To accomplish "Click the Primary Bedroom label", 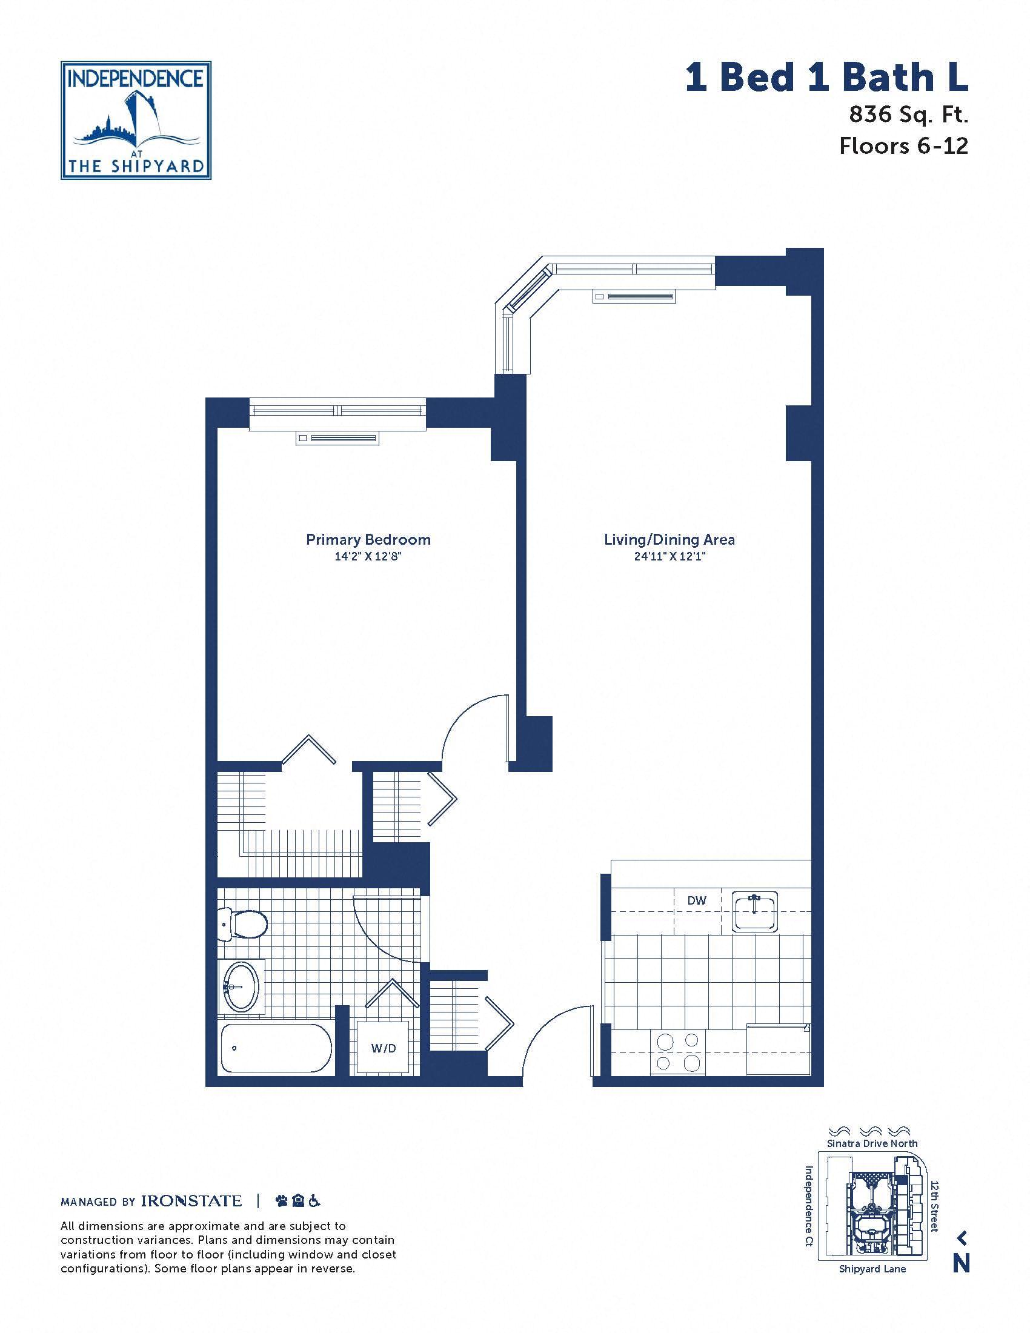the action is (x=368, y=539).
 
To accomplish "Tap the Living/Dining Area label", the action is (x=669, y=539).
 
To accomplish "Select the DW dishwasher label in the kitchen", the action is (x=697, y=900).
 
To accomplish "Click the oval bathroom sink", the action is (x=242, y=987).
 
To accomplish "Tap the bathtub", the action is (x=276, y=1048).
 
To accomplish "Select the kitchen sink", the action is (x=756, y=912).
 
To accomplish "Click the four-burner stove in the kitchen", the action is (x=677, y=1052).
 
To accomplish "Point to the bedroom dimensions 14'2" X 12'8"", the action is (x=368, y=557).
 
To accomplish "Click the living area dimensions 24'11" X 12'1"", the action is (x=669, y=557).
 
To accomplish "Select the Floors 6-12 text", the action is (x=904, y=146).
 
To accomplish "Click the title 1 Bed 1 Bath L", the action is (x=827, y=79).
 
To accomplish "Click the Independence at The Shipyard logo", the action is (x=136, y=120).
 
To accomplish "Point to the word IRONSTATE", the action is (x=191, y=1201).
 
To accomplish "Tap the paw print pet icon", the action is (x=281, y=1201).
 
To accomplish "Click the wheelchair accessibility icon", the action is (x=315, y=1201).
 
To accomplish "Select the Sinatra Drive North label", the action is (x=872, y=1143).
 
